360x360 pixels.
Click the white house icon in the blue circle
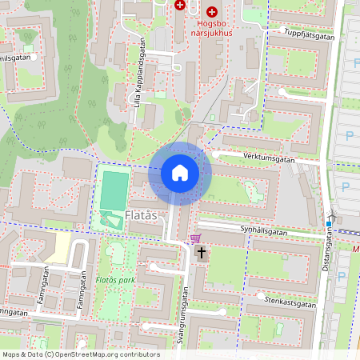coord(180,172)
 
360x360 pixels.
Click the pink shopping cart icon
coord(195,238)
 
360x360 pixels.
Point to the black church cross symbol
coord(202,254)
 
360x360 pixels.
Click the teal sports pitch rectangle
coord(113,190)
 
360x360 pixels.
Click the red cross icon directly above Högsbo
coord(211,12)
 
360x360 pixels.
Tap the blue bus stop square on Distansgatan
coord(329,223)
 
